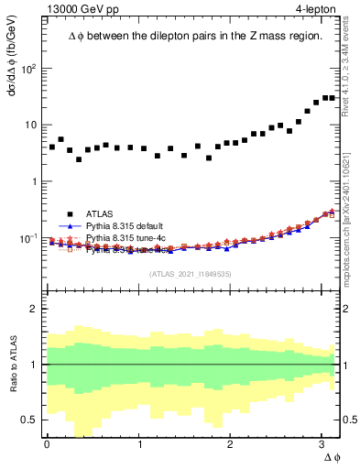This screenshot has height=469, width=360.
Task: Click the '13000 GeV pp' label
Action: point(81,9)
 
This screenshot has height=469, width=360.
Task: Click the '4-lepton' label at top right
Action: point(315,9)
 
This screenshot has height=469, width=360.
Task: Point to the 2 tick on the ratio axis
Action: point(35,309)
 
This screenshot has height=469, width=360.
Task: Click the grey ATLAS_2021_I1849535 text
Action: point(191,273)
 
